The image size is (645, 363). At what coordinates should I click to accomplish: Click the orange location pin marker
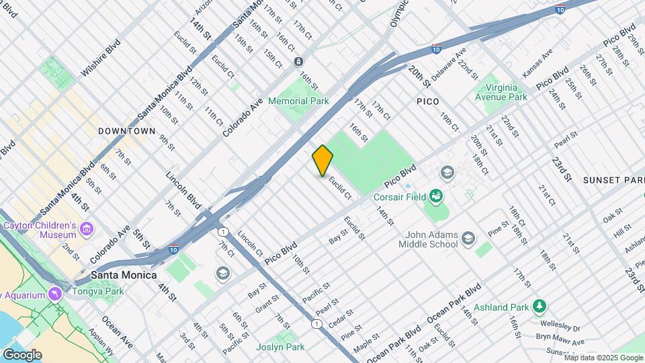pos(322,160)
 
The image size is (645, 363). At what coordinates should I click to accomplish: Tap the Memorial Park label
pos(298,101)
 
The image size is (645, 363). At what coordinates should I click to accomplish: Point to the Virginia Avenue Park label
pos(501,92)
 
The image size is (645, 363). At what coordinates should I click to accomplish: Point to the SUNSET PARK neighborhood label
pos(613,180)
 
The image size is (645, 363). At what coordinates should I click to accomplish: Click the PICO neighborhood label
pos(427,102)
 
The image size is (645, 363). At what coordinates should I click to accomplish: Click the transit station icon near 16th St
pos(298,61)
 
